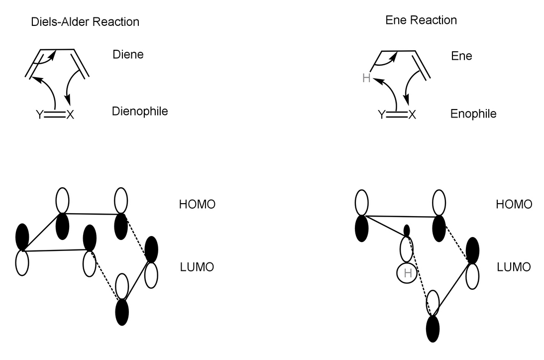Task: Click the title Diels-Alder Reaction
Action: [85, 22]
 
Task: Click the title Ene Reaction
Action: [421, 20]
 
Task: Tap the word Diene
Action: [128, 54]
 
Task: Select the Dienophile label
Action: [140, 111]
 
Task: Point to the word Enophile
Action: [473, 114]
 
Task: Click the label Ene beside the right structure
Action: [461, 56]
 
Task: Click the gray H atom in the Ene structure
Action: [366, 78]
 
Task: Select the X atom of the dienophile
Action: [70, 115]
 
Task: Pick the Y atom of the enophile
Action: [381, 116]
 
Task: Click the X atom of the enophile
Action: [412, 116]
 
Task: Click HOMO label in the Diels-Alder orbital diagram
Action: [197, 205]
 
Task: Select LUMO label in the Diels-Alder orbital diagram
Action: [197, 267]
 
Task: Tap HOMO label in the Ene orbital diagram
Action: [514, 205]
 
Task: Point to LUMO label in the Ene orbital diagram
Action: [514, 267]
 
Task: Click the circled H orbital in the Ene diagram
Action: [407, 273]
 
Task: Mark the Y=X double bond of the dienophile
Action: [55, 115]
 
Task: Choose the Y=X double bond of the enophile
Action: [397, 116]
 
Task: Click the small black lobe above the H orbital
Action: [407, 231]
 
